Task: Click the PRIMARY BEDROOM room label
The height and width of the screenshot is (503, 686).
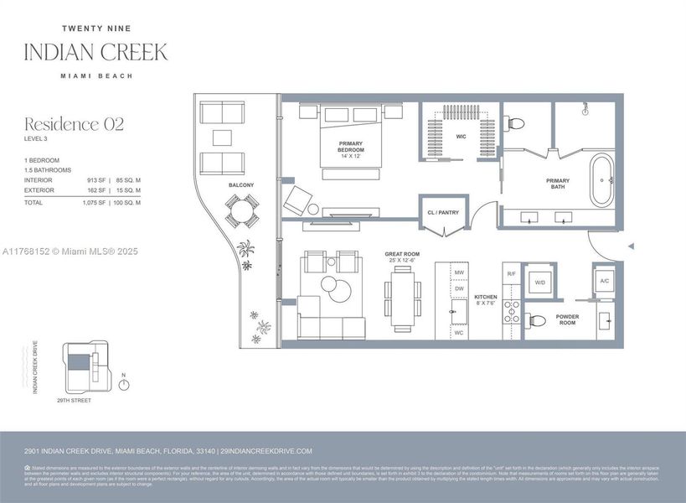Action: (351, 148)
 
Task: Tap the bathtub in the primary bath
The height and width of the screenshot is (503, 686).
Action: (602, 181)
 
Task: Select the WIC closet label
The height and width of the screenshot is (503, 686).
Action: (460, 137)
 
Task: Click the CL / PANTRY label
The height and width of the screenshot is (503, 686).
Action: (443, 213)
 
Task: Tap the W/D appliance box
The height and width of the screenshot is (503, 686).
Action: (540, 282)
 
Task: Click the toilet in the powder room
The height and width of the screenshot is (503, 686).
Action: (537, 319)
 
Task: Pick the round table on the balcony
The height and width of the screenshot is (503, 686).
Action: (242, 210)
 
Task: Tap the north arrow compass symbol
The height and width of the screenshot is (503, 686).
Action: (124, 385)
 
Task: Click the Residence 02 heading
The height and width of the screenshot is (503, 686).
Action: (74, 125)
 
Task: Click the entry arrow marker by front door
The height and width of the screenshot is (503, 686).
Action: (631, 246)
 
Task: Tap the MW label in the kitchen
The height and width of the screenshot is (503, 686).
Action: (459, 273)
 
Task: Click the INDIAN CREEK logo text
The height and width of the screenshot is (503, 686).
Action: (95, 51)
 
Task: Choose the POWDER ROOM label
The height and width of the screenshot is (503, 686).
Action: (566, 319)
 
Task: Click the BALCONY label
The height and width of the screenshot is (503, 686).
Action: (241, 184)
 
